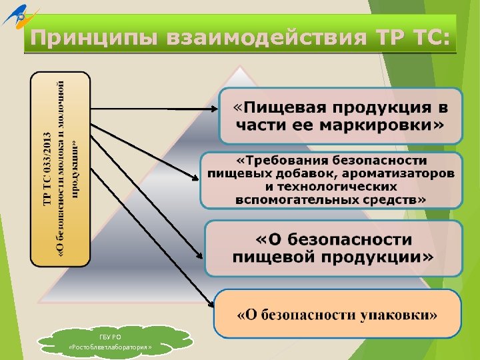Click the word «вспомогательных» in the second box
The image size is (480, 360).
tap(290, 199)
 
